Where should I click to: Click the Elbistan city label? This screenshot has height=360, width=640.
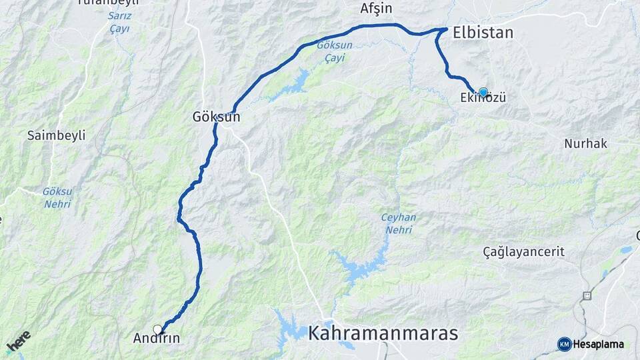pyautogui.click(x=483, y=33)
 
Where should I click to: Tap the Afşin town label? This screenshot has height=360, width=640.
pyautogui.click(x=377, y=9)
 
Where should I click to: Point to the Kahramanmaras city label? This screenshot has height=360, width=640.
pyautogui.click(x=383, y=333)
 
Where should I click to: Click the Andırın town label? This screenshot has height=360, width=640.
pyautogui.click(x=157, y=338)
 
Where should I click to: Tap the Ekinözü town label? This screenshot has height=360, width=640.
pyautogui.click(x=483, y=99)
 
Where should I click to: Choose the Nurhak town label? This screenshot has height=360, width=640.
pyautogui.click(x=585, y=143)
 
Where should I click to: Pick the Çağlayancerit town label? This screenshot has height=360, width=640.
pyautogui.click(x=523, y=251)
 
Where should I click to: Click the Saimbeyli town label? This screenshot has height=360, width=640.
pyautogui.click(x=57, y=135)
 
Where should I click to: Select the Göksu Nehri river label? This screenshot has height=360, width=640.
pyautogui.click(x=57, y=197)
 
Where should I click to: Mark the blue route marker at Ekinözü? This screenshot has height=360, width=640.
pyautogui.click(x=483, y=92)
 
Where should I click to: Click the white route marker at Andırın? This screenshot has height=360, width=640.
pyautogui.click(x=157, y=329)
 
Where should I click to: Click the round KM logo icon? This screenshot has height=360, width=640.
pyautogui.click(x=564, y=344)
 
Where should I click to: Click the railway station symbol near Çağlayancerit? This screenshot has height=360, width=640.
pyautogui.click(x=587, y=295)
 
